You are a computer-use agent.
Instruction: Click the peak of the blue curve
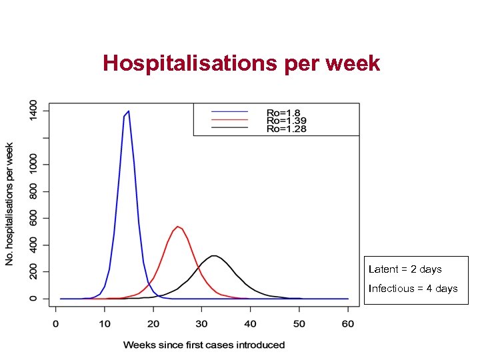128,111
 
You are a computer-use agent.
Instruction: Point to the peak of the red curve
177,227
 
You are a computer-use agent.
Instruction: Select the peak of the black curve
214,255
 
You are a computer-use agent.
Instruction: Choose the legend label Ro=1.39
285,120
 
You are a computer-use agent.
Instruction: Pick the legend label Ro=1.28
285,128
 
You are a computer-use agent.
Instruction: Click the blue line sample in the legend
229,111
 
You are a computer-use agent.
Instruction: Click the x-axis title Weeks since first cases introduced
203,345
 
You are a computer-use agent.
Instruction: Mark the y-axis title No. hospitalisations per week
9,203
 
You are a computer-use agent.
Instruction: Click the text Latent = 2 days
405,269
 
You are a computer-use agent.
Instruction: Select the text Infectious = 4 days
413,289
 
